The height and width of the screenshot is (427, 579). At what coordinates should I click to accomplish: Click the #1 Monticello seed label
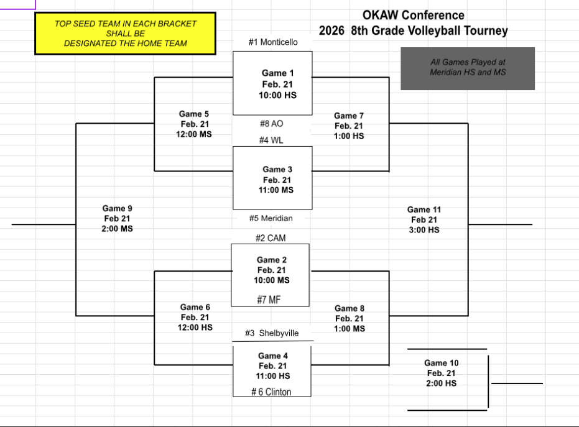point(273,42)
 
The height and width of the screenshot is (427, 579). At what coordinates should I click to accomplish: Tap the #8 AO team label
point(272,124)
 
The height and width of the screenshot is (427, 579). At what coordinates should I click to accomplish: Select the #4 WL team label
point(271,140)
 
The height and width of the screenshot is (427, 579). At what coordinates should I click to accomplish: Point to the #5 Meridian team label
point(271,218)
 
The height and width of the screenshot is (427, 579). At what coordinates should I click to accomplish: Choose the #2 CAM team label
point(271,238)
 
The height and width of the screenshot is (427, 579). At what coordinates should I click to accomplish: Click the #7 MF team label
point(269,300)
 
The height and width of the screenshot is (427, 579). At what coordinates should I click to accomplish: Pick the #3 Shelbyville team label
point(272,333)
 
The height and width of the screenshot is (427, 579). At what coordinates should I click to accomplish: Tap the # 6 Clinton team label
point(271,392)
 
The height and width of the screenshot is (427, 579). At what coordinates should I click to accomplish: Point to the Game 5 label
point(194,114)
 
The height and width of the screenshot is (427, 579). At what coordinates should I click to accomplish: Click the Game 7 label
point(349,116)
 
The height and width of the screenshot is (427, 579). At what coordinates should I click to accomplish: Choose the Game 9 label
point(118,208)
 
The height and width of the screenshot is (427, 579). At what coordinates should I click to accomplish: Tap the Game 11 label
point(424,209)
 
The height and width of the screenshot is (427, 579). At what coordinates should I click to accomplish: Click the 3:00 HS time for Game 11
point(424,230)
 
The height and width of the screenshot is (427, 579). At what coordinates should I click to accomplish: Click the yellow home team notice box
point(125,33)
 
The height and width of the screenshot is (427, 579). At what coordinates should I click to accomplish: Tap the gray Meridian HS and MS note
point(468,68)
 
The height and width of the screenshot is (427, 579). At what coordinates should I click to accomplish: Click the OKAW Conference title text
point(413,15)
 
